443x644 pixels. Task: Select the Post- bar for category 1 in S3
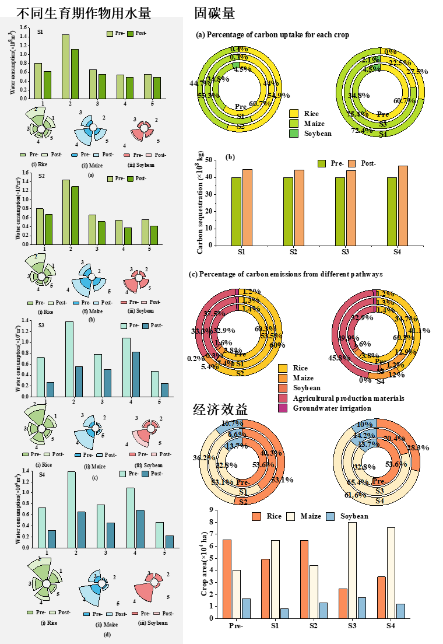tap(50, 389)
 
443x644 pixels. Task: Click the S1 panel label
tap(40, 32)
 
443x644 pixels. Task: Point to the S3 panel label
tap(41, 325)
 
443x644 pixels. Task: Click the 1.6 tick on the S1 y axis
tap(24, 27)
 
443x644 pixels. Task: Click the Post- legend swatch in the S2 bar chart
tap(131, 178)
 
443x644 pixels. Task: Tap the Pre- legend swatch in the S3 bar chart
tap(124, 325)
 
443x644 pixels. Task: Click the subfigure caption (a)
tap(90, 174)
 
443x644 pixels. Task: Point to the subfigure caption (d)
tap(90, 634)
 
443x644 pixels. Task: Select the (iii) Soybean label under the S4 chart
tap(153, 623)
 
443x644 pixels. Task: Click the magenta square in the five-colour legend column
tap(283, 408)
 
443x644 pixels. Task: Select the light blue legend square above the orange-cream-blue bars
tap(330, 516)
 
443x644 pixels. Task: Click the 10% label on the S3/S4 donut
tap(364, 424)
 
